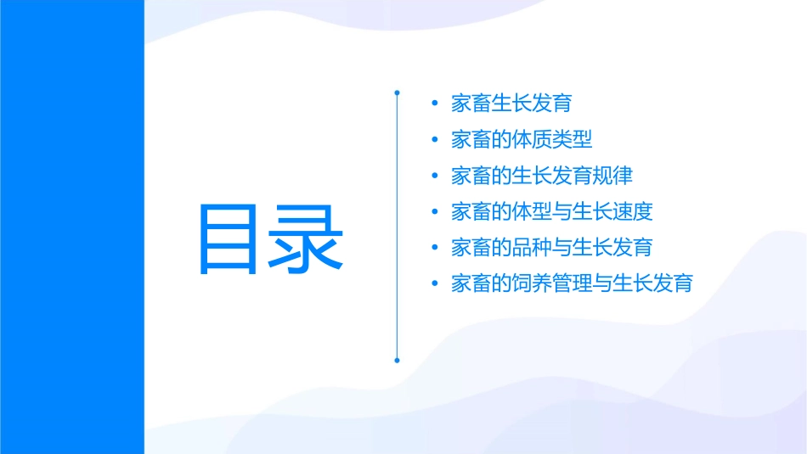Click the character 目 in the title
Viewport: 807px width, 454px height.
(x=233, y=238)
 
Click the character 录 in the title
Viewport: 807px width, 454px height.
(x=308, y=238)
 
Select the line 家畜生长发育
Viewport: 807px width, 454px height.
(x=511, y=104)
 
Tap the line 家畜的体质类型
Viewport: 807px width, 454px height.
(x=522, y=139)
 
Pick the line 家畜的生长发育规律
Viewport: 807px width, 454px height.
(x=542, y=176)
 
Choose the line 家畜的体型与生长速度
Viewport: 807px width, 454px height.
(x=552, y=211)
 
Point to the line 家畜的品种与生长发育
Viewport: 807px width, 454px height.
(x=552, y=247)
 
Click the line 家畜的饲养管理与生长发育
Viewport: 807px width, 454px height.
(x=572, y=283)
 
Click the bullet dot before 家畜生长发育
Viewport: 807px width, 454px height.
(x=435, y=104)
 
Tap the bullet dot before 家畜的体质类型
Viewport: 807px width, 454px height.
(x=435, y=140)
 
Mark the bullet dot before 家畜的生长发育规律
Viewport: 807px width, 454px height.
(x=435, y=176)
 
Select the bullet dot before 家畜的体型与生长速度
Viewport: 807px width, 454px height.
(x=435, y=211)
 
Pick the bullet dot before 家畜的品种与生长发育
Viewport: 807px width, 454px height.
(x=435, y=248)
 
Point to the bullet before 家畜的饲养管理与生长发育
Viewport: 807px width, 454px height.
(x=435, y=283)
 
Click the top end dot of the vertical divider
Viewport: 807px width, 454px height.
(x=397, y=92)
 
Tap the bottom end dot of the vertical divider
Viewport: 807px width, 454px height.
(x=397, y=361)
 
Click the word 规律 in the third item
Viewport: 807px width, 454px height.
(x=612, y=176)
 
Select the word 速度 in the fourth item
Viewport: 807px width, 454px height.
(x=633, y=211)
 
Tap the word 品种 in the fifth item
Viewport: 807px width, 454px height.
(x=532, y=247)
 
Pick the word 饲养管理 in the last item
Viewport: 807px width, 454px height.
(x=552, y=283)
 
